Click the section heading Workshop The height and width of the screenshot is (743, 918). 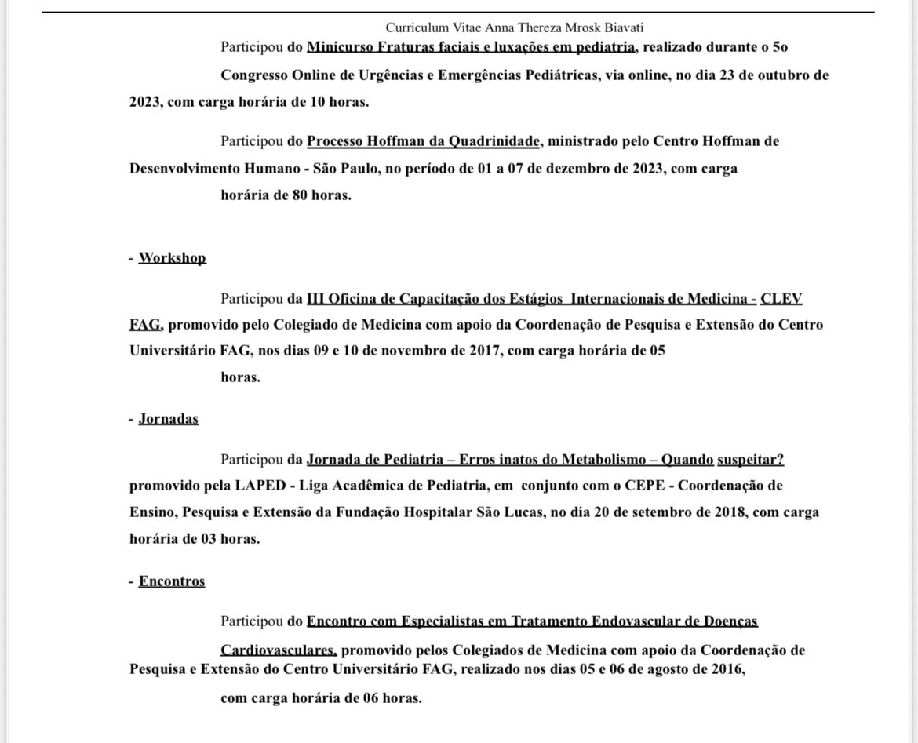click(x=172, y=257)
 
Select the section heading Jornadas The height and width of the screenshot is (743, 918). click(x=168, y=418)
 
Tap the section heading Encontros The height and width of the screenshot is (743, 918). click(x=171, y=581)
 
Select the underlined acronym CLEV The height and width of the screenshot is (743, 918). click(x=781, y=298)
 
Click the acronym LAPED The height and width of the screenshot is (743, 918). click(x=260, y=485)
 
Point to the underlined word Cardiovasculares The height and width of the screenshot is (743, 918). click(x=279, y=650)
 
